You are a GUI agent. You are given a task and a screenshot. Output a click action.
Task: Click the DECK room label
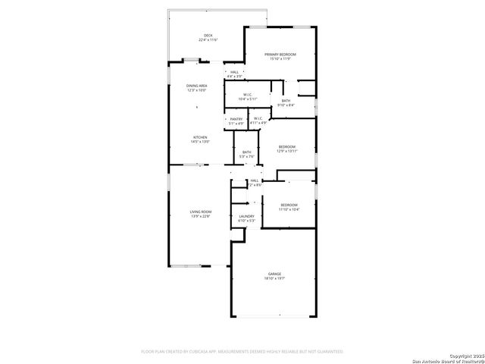click(x=208, y=35)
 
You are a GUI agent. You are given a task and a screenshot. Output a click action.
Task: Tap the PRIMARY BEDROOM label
click(x=280, y=55)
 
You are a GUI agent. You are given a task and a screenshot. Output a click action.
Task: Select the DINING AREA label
click(x=197, y=86)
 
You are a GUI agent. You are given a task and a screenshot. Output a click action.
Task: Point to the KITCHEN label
click(x=199, y=137)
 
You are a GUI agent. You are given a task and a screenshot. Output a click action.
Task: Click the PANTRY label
click(x=236, y=119)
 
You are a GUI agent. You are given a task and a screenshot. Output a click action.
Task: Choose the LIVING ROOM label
click(x=200, y=212)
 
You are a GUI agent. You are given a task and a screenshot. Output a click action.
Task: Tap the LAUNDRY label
click(x=246, y=216)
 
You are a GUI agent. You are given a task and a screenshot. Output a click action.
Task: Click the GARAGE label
click(x=274, y=274)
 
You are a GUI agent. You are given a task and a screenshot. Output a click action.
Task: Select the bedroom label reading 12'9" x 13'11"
click(x=286, y=151)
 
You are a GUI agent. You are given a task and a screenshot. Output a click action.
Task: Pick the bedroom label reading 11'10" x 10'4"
click(x=289, y=209)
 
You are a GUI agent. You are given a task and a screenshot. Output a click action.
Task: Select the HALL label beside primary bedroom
click(x=235, y=72)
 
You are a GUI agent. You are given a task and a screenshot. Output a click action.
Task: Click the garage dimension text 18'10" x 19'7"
click(x=274, y=278)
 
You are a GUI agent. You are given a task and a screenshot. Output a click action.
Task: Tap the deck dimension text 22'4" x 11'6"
click(x=208, y=39)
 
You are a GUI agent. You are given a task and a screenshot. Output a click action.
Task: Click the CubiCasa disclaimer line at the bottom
click(x=242, y=352)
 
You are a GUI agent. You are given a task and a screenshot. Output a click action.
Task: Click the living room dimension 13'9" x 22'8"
click(x=200, y=216)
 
